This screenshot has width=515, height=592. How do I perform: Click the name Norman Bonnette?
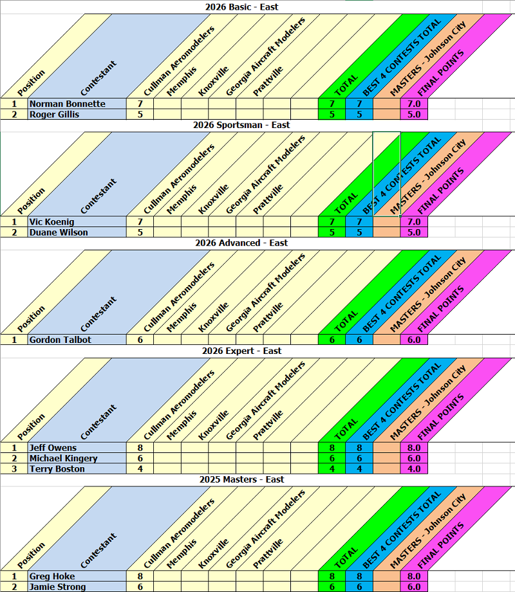(67, 104)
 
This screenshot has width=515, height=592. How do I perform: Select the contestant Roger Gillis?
(55, 115)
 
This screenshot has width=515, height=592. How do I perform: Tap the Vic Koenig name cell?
(51, 222)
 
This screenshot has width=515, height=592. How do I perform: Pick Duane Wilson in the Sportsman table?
(59, 232)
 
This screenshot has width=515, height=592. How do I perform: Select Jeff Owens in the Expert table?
(53, 448)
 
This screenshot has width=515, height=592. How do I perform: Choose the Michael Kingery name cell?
(63, 458)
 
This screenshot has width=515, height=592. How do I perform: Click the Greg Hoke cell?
(51, 577)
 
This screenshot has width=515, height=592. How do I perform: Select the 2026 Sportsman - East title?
(241, 125)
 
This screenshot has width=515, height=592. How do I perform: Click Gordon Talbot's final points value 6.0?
(413, 340)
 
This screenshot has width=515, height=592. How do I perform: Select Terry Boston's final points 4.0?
(413, 468)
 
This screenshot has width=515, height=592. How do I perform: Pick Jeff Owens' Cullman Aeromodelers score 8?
(140, 448)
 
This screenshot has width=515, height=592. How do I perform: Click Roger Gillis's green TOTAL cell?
(332, 115)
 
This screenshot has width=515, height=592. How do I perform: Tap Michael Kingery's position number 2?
(14, 458)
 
